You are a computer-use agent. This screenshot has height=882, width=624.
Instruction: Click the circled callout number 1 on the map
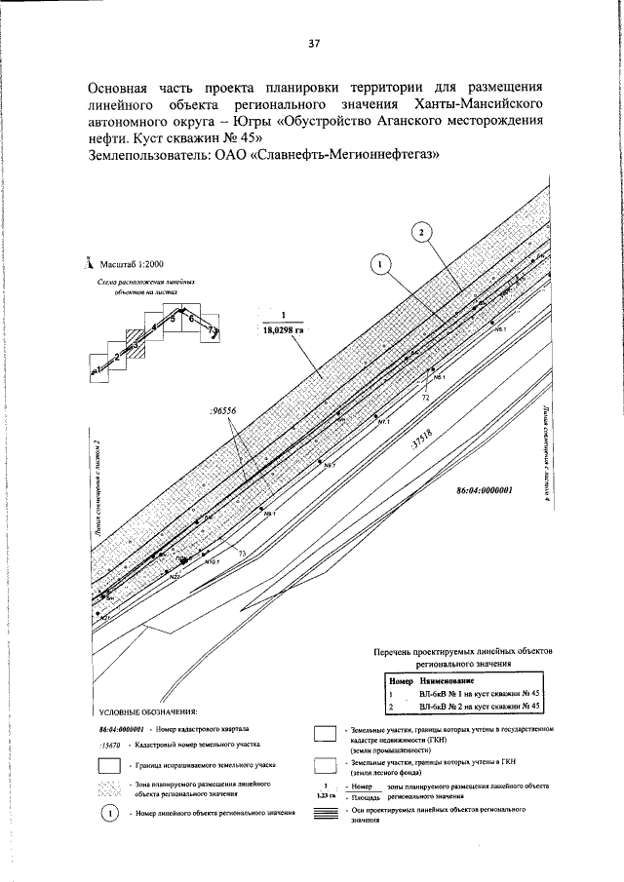(381, 263)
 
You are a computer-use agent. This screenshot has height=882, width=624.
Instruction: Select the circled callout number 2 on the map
(419, 232)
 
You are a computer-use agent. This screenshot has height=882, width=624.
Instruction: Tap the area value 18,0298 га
(280, 330)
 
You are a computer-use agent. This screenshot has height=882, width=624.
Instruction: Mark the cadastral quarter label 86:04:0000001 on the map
(485, 492)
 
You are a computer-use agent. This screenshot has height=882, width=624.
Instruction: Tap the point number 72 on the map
(426, 398)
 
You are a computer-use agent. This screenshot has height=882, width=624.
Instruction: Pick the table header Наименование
(448, 679)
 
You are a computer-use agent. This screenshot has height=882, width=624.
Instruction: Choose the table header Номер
(401, 679)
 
